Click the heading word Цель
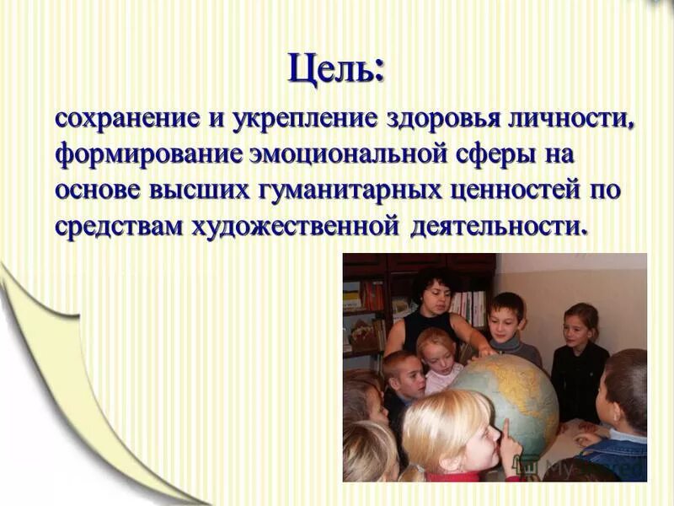point(335,67)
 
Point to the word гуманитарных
point(357,191)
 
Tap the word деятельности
point(497,227)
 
